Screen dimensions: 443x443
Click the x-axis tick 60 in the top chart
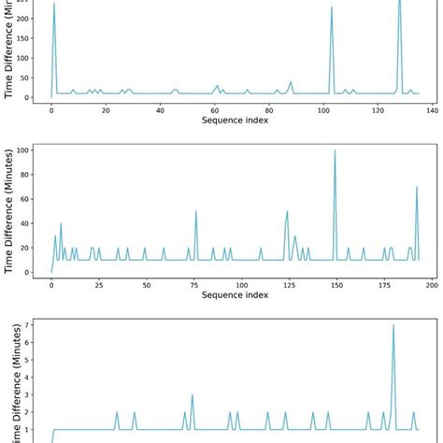click(x=215, y=110)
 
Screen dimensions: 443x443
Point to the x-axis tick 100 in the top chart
click(x=323, y=110)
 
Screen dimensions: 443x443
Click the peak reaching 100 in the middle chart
click(x=335, y=150)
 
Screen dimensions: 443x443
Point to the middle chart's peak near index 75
click(x=195, y=211)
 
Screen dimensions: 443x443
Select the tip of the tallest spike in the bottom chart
click(x=393, y=325)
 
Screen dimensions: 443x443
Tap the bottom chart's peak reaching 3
click(x=193, y=394)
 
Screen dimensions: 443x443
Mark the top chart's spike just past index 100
click(x=332, y=8)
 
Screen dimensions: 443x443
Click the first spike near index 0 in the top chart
click(x=54, y=4)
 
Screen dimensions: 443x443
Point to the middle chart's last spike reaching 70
click(x=417, y=187)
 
